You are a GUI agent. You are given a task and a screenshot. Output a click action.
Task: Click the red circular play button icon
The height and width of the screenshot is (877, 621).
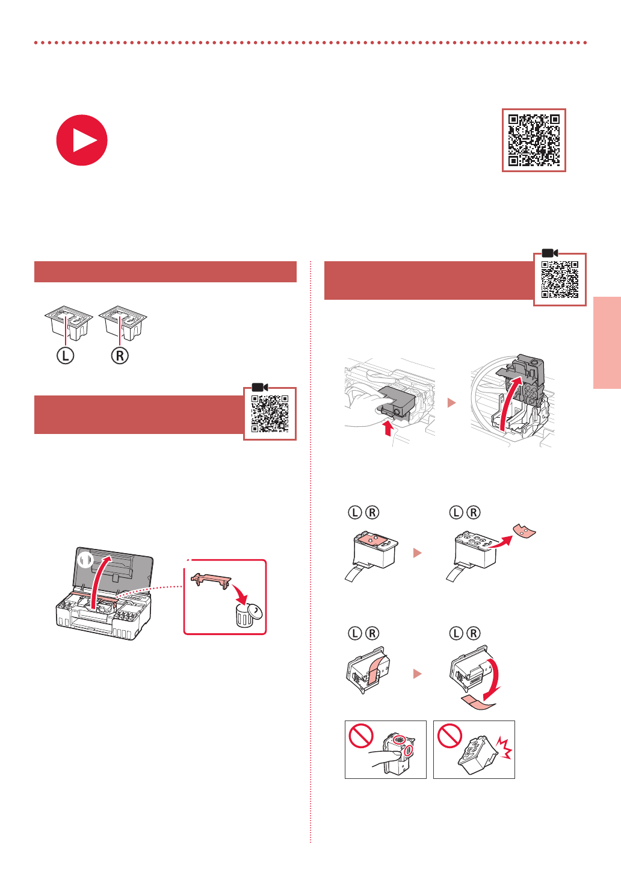click(x=82, y=140)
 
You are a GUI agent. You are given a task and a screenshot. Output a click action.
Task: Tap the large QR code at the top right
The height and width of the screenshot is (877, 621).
click(x=534, y=140)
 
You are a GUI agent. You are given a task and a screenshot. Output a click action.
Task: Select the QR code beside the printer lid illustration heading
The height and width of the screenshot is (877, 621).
click(x=270, y=414)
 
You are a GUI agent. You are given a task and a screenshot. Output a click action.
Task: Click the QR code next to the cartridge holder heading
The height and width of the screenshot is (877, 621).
click(x=560, y=279)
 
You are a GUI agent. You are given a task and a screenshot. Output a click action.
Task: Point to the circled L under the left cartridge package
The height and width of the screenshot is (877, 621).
click(x=65, y=356)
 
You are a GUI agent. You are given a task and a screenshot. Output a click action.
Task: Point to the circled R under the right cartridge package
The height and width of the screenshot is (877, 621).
click(x=120, y=356)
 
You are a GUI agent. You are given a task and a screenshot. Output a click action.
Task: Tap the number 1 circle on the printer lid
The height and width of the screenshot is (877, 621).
click(x=85, y=560)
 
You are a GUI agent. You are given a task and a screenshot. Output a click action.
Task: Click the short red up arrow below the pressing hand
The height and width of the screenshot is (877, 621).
click(x=388, y=428)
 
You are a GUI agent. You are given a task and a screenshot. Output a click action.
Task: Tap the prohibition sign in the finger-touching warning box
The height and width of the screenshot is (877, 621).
click(x=361, y=736)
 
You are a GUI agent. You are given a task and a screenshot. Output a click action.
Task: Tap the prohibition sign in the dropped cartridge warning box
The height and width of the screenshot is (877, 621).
click(x=450, y=736)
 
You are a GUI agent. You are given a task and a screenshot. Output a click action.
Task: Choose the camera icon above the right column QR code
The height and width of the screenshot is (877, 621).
click(x=550, y=253)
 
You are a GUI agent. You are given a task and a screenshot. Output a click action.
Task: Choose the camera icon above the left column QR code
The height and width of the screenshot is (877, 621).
click(x=260, y=387)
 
